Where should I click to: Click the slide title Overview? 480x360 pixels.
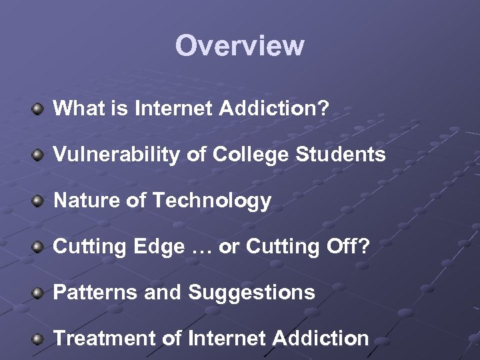239,46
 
